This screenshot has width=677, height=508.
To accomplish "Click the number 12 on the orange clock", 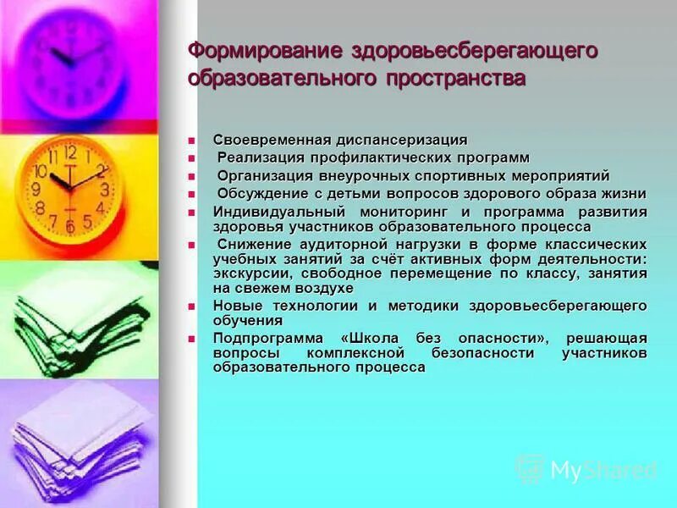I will pyautogui.click(x=69, y=152).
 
